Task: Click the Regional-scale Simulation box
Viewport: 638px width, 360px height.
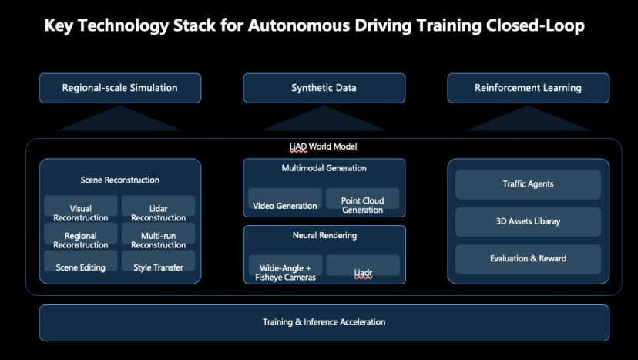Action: (119, 88)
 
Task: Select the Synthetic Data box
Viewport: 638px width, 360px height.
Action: (324, 88)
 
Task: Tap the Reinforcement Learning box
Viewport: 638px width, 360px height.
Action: (528, 88)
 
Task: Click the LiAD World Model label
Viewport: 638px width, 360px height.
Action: (324, 146)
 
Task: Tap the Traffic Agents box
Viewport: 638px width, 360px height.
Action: (528, 184)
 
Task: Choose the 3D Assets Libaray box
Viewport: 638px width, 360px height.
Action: (528, 221)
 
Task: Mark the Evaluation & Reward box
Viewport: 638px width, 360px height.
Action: (528, 258)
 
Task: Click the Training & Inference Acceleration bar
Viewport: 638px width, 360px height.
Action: (324, 322)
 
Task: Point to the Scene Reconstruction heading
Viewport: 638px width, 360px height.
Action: (119, 180)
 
